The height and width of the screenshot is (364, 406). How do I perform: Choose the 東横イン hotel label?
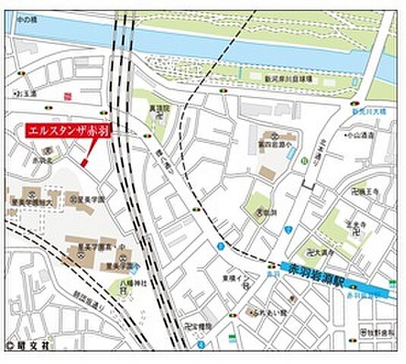tap(232, 278)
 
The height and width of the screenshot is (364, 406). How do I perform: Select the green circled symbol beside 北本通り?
tap(304, 161)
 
